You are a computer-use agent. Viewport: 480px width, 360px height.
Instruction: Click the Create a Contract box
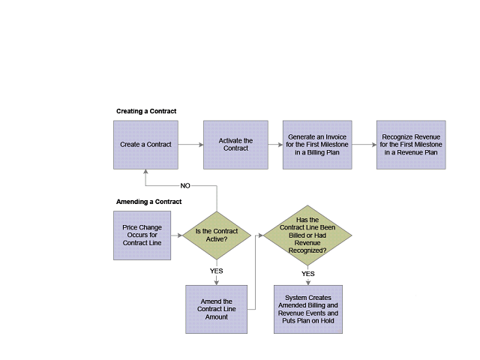[x=145, y=145]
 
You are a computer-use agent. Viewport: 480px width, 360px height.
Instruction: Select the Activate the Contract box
[x=235, y=145]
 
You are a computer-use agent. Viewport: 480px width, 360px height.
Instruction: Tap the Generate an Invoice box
[x=316, y=145]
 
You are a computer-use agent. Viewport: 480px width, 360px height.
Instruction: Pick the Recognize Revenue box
[x=411, y=145]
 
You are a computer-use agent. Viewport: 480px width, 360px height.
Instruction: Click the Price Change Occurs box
[x=142, y=235]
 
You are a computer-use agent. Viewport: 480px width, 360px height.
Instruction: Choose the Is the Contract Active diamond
[x=217, y=235]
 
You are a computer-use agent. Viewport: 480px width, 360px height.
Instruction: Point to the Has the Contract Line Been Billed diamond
[x=307, y=235]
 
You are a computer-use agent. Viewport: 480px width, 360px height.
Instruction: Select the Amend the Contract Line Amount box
[x=217, y=309]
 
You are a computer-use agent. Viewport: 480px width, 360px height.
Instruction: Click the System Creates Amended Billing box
[x=307, y=309]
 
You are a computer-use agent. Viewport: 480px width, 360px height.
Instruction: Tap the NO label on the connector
[x=185, y=185]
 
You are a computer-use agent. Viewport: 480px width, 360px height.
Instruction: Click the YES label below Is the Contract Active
[x=217, y=271]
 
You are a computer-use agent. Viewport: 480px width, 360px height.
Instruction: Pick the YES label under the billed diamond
[x=307, y=274]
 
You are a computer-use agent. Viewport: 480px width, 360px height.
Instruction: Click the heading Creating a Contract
[x=146, y=111]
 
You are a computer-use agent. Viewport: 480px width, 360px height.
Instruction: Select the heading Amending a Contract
[x=148, y=202]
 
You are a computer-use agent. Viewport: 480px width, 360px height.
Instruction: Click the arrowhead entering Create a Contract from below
[x=145, y=172]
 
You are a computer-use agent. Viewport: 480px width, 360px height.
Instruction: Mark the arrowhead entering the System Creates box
[x=307, y=282]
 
